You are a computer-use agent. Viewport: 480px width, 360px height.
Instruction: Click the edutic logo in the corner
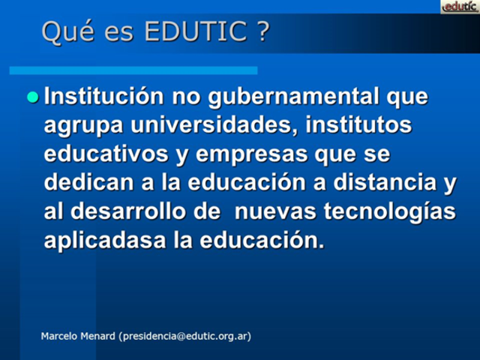[x=459, y=7]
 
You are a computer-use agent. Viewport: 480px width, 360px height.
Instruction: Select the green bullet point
[x=32, y=97]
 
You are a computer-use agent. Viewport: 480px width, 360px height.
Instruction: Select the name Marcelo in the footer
[x=58, y=337]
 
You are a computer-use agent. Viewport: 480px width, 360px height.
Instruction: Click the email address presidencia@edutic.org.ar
[x=184, y=337]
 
